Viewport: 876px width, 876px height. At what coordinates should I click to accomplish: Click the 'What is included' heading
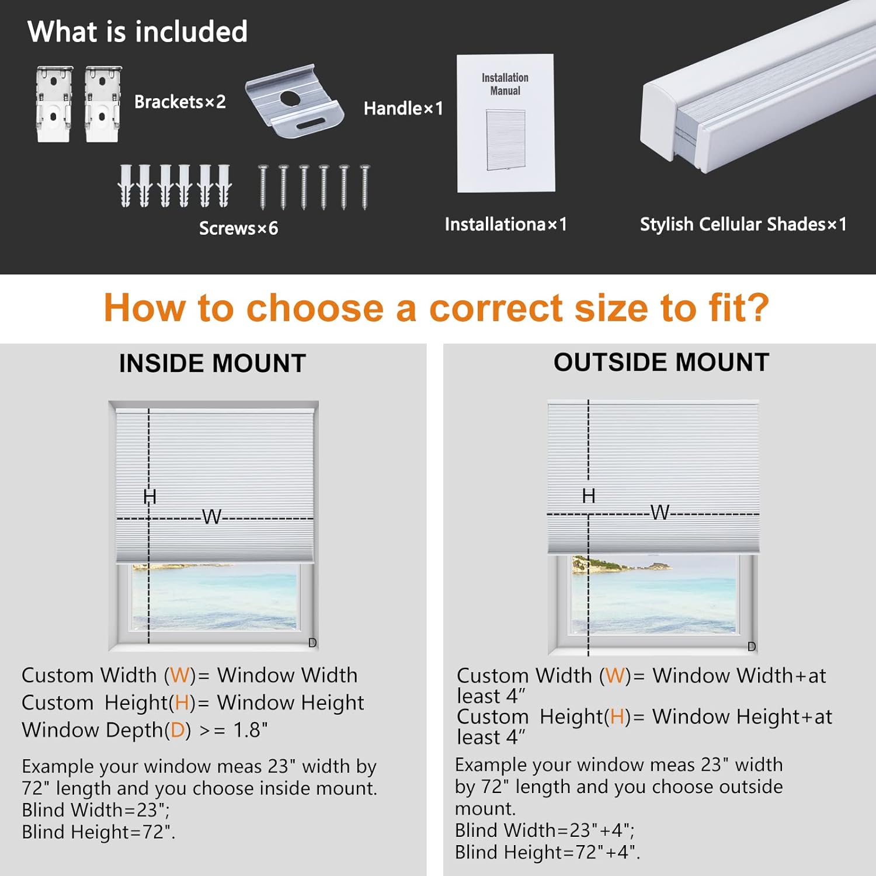[137, 32]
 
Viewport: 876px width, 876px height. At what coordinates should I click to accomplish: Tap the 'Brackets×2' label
[180, 102]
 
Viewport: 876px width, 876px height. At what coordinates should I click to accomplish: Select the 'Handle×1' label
[403, 109]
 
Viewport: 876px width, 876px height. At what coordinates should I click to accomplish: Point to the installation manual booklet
[505, 123]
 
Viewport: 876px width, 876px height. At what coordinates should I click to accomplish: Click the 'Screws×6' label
[238, 228]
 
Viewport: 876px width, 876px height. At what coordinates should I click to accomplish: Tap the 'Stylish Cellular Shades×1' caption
[743, 224]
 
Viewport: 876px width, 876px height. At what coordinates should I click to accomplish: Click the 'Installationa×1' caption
[506, 224]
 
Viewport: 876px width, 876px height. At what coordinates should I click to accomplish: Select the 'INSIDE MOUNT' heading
[213, 363]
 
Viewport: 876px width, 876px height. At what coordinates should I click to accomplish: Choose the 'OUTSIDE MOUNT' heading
[661, 362]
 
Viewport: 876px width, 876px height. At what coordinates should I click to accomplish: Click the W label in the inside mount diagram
[212, 517]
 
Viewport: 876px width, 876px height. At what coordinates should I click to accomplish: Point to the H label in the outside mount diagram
[589, 496]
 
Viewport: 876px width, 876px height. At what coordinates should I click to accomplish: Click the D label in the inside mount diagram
[312, 643]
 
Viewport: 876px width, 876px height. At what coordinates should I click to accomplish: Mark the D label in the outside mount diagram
[752, 646]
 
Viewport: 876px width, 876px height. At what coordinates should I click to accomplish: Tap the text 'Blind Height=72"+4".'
[548, 853]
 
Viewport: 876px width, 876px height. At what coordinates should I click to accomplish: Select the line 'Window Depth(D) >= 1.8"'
[145, 730]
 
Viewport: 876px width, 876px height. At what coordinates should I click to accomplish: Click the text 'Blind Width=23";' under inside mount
[96, 811]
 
